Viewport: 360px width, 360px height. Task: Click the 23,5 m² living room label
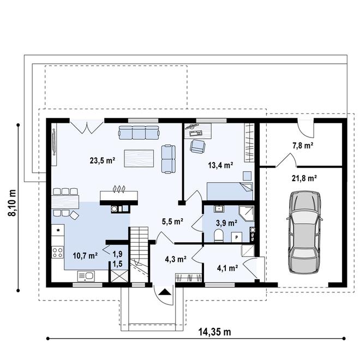(x=103, y=160)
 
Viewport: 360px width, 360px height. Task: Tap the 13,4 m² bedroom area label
(x=221, y=165)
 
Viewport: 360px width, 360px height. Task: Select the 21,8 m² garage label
(x=304, y=178)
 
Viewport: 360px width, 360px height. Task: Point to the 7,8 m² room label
(x=303, y=145)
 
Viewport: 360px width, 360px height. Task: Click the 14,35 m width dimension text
(x=215, y=332)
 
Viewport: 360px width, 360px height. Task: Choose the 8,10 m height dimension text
(x=12, y=203)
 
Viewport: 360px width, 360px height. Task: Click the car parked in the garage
(x=304, y=232)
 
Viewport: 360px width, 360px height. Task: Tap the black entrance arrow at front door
(x=165, y=292)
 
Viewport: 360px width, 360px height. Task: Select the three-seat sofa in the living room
(x=139, y=133)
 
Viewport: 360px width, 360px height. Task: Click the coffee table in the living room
(x=139, y=158)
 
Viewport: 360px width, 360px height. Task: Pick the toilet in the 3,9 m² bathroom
(x=219, y=236)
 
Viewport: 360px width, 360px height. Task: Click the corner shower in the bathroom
(x=247, y=213)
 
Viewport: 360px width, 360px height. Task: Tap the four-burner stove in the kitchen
(x=58, y=252)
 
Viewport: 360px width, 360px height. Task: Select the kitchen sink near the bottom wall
(x=86, y=276)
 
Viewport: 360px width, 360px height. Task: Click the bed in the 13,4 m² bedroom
(x=230, y=191)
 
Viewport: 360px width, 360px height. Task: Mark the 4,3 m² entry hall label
(x=176, y=259)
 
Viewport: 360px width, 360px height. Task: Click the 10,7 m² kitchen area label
(x=86, y=255)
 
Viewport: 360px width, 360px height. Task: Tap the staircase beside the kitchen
(x=139, y=254)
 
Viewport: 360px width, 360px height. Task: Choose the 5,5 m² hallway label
(x=173, y=221)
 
